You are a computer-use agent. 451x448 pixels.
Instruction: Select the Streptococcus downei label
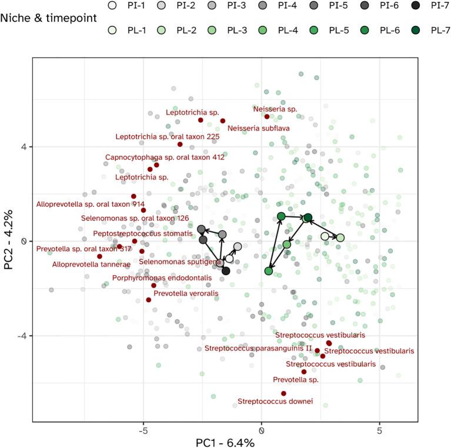pyautogui.click(x=275, y=402)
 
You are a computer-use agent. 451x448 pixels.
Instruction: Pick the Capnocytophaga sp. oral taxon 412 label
pyautogui.click(x=165, y=157)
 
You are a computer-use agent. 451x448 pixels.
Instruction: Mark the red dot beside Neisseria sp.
pyautogui.click(x=267, y=116)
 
